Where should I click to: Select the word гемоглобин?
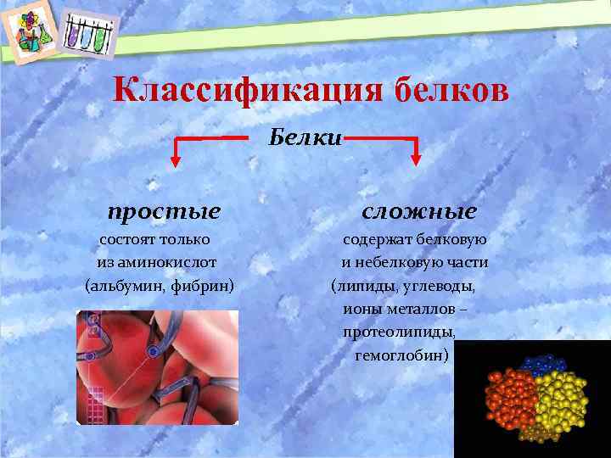point(401,355)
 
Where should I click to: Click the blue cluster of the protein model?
point(536,367)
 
